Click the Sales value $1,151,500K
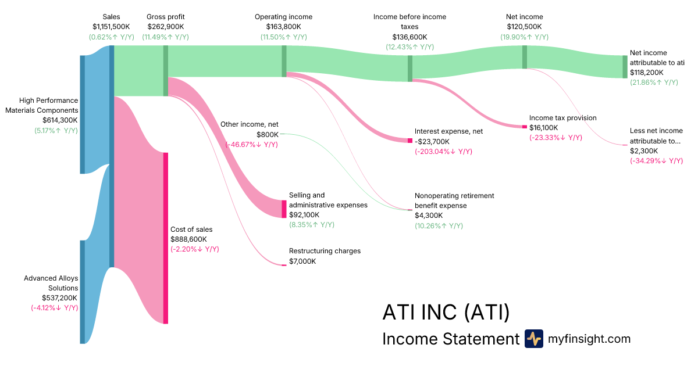pos(111,27)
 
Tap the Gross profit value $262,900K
pos(165,27)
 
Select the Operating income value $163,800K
pos(284,27)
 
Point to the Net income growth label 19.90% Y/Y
pos(525,37)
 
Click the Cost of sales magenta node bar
pos(166,238)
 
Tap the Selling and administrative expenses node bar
pos(284,209)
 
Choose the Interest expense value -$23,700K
pos(432,142)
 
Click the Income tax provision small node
pos(525,127)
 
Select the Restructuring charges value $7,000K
pos(302,261)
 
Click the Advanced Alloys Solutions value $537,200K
pos(59,298)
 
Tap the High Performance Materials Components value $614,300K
pos(60,120)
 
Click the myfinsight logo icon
pos(534,339)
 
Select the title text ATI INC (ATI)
pos(446,312)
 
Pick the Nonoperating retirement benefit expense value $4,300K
pos(429,216)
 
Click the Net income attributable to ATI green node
pos(625,67)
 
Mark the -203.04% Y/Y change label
pos(443,152)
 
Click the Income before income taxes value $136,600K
pos(409,37)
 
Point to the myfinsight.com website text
pos(589,339)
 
